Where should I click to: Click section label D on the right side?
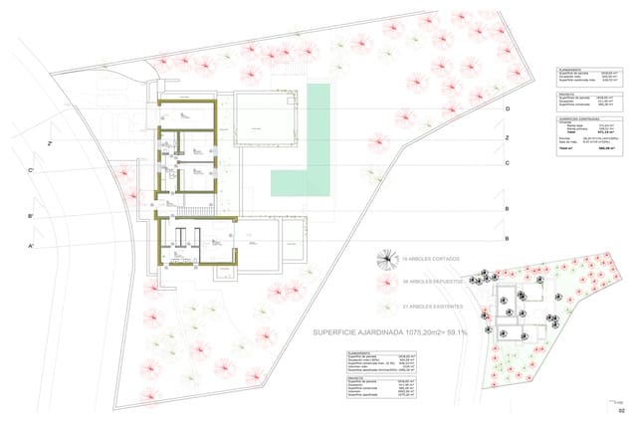pyautogui.click(x=508, y=108)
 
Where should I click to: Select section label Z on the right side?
pyautogui.click(x=508, y=137)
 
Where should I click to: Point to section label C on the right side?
pyautogui.click(x=508, y=162)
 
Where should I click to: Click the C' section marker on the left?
pyautogui.click(x=32, y=170)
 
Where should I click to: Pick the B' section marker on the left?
pyautogui.click(x=32, y=216)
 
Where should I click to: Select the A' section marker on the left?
pyautogui.click(x=32, y=245)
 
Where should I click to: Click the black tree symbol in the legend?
pyautogui.click(x=382, y=260)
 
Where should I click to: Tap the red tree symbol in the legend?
pyautogui.click(x=383, y=282)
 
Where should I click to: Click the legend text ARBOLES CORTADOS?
pyautogui.click(x=434, y=260)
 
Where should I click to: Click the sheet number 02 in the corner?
pyautogui.click(x=621, y=410)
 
